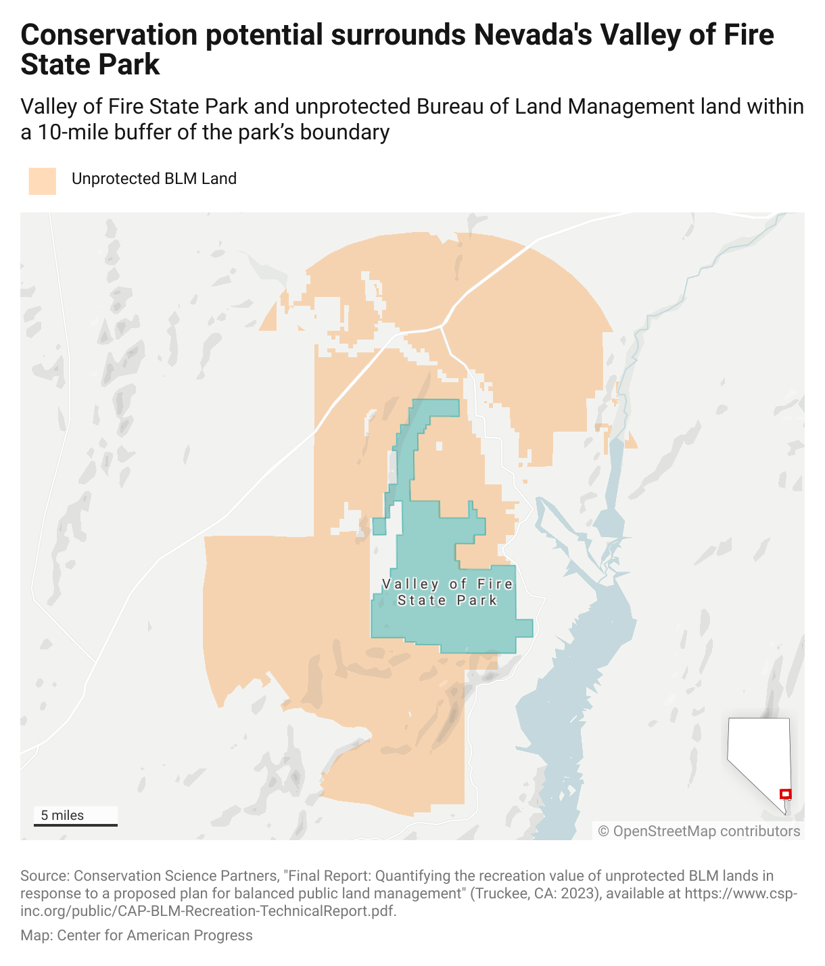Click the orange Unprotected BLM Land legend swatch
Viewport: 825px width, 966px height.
pyautogui.click(x=42, y=181)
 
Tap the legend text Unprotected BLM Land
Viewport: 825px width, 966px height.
pyautogui.click(x=154, y=179)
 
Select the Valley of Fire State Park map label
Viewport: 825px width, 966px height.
pyautogui.click(x=447, y=592)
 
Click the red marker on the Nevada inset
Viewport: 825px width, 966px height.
pyautogui.click(x=785, y=794)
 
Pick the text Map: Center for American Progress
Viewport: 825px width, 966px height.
pyautogui.click(x=136, y=935)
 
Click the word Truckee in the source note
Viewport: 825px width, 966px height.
pyautogui.click(x=499, y=893)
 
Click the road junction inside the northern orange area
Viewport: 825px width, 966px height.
pyautogui.click(x=442, y=326)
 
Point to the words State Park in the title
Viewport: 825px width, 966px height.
pyautogui.click(x=90, y=65)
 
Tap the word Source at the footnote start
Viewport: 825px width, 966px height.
pyautogui.click(x=43, y=876)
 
